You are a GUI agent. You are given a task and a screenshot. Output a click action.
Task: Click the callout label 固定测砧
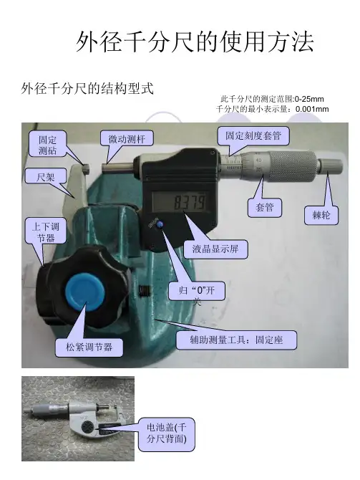pos(47,144)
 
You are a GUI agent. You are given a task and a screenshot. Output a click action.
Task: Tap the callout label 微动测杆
pos(127,139)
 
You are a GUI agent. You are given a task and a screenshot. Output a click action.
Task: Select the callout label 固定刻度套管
pos(253,135)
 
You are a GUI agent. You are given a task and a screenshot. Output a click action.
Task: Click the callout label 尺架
pos(46,177)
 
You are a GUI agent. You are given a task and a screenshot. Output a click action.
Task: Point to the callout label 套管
pos(265,208)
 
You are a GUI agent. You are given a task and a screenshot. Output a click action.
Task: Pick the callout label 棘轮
pos(321,215)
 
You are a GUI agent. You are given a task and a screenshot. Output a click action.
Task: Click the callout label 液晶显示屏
pos(215,249)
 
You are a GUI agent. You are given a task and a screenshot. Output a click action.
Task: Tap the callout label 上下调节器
pos(46,231)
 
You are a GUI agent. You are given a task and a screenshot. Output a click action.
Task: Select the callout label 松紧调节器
pos(89,347)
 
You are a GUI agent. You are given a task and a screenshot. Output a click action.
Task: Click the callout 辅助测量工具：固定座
pos(236,340)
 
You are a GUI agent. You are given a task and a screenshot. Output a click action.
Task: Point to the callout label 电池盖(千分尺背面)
pos(166,433)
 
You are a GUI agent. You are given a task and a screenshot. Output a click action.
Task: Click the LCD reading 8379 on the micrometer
pos(190,202)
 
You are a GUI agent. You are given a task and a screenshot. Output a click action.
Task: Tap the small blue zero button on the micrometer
pos(160,225)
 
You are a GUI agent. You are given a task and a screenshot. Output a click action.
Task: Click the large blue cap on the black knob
pos(85,292)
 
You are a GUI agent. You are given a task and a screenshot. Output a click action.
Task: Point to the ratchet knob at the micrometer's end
pos(331,165)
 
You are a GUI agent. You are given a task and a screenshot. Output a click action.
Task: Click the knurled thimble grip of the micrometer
pos(292,166)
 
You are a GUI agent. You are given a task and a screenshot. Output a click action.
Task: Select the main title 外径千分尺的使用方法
pos(195,42)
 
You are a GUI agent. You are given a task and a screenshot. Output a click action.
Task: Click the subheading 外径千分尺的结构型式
pos(87,88)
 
